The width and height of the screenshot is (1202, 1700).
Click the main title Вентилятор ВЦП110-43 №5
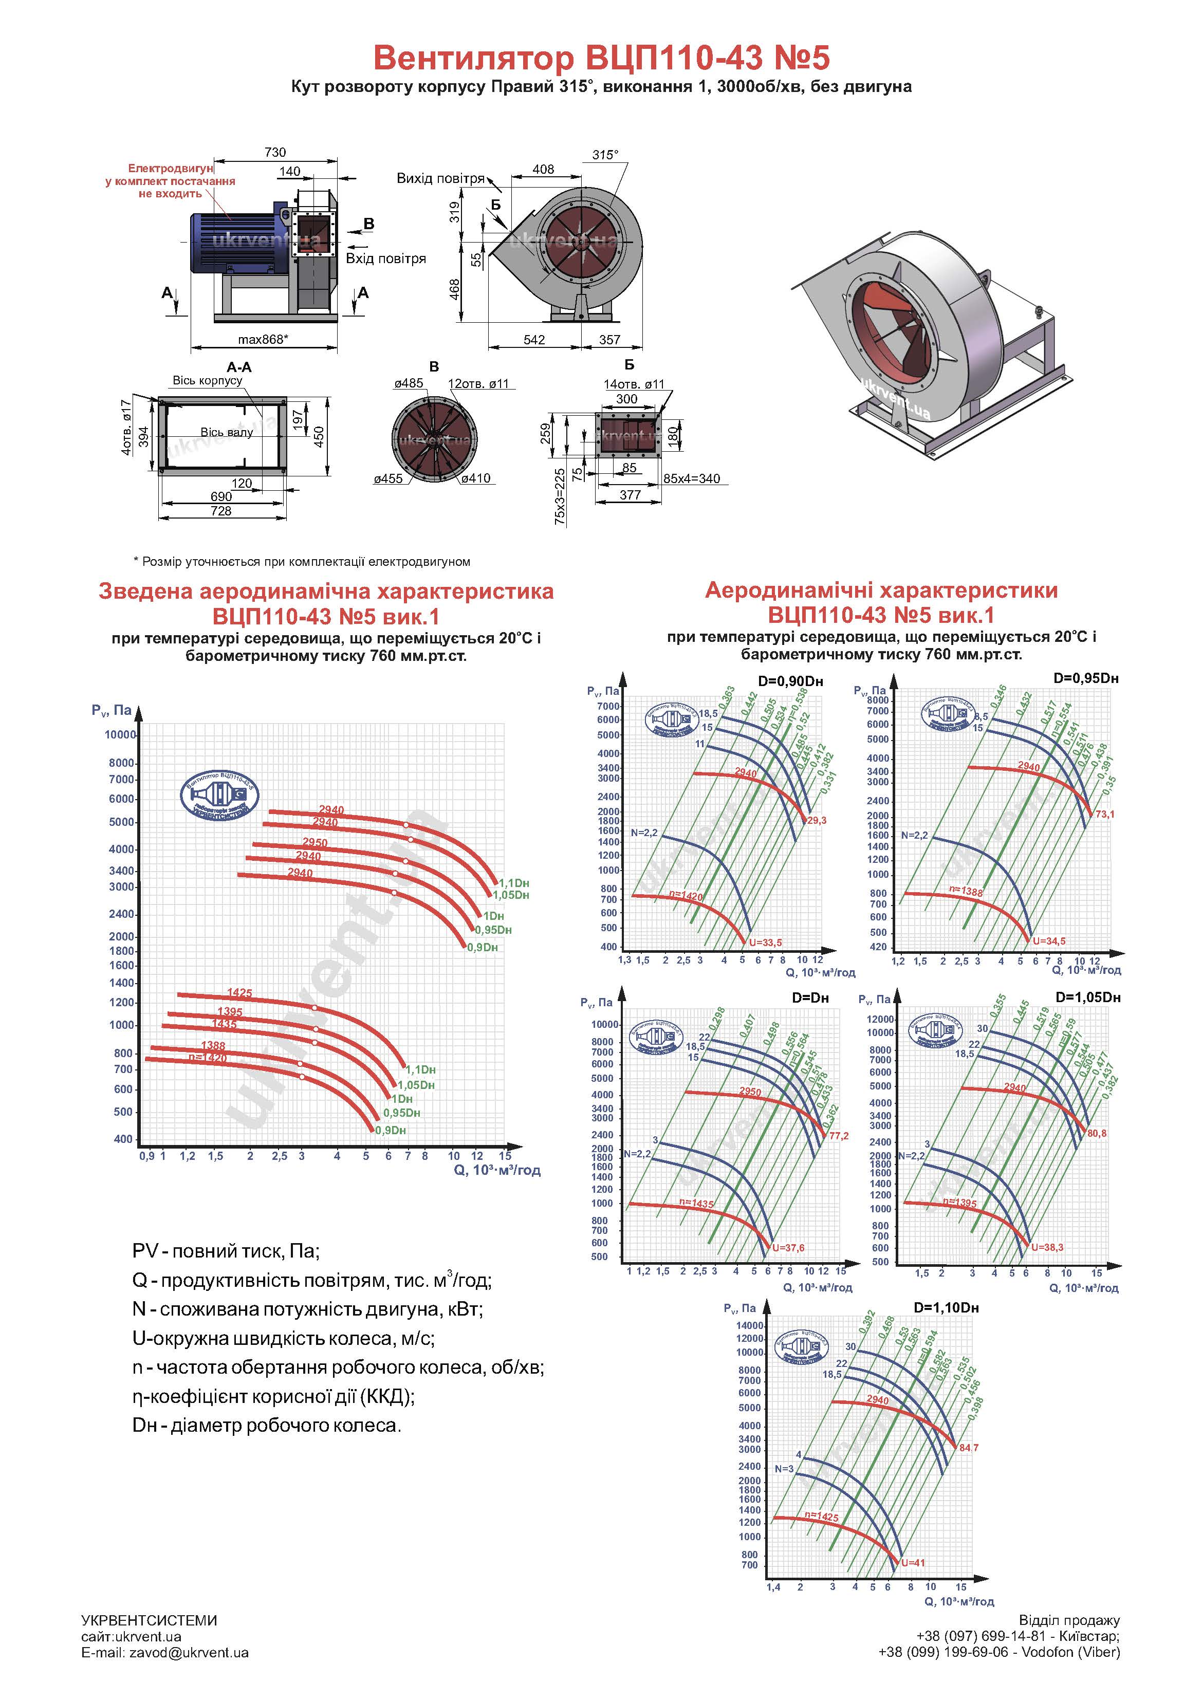(x=601, y=58)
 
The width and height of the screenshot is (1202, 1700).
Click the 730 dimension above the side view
(x=275, y=153)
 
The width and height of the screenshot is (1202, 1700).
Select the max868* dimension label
(x=263, y=340)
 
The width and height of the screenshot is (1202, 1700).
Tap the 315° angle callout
(x=604, y=155)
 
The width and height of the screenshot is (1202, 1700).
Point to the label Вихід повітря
(x=440, y=178)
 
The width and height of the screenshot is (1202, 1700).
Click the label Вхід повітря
(x=386, y=258)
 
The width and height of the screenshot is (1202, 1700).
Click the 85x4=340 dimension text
(x=691, y=478)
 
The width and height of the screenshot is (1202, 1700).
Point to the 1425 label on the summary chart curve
(x=239, y=993)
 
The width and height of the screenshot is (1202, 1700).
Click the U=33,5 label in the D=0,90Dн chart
(x=765, y=943)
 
